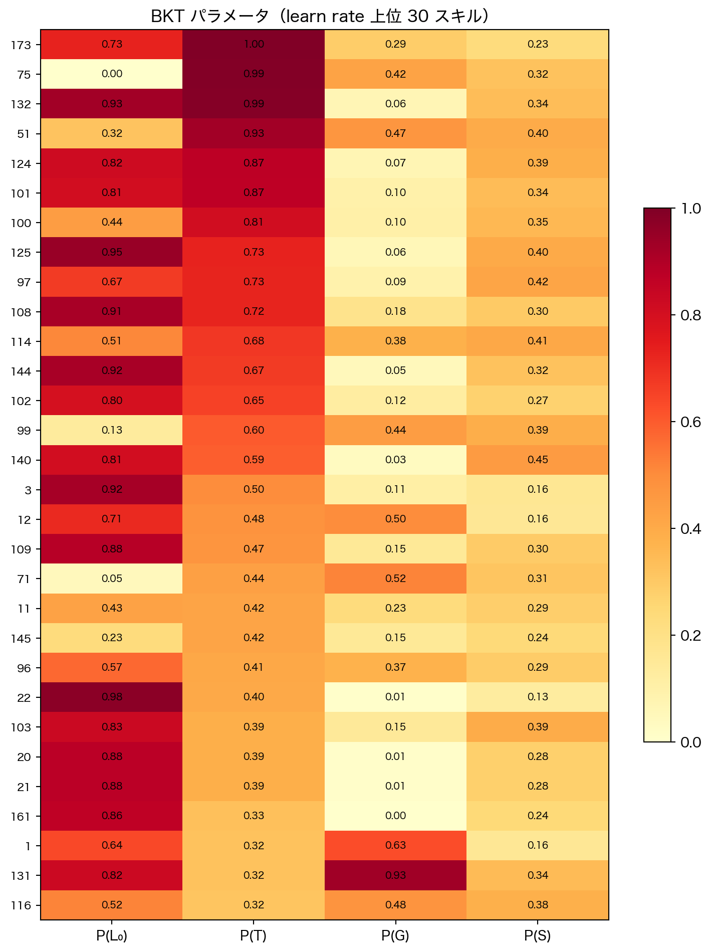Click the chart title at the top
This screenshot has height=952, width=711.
click(x=320, y=17)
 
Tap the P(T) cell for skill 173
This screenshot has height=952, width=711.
click(x=254, y=44)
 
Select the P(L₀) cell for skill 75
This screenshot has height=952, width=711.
click(x=112, y=74)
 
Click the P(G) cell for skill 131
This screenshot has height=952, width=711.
click(x=395, y=875)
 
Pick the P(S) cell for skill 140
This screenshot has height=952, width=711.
click(x=538, y=460)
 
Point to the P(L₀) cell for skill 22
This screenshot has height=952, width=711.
click(x=112, y=697)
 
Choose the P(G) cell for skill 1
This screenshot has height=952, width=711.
click(x=395, y=845)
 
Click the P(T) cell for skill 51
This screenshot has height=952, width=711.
click(x=254, y=133)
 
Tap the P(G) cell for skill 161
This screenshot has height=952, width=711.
click(x=395, y=816)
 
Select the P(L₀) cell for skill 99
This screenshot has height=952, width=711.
click(x=112, y=430)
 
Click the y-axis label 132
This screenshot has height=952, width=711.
click(x=21, y=104)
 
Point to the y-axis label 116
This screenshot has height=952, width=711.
click(x=21, y=905)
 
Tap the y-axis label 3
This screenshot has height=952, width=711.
click(x=28, y=490)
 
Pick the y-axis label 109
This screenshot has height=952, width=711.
click(x=21, y=549)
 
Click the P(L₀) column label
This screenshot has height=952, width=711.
click(x=112, y=935)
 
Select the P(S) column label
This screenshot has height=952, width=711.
click(x=538, y=935)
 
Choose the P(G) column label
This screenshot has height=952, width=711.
click(x=395, y=935)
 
